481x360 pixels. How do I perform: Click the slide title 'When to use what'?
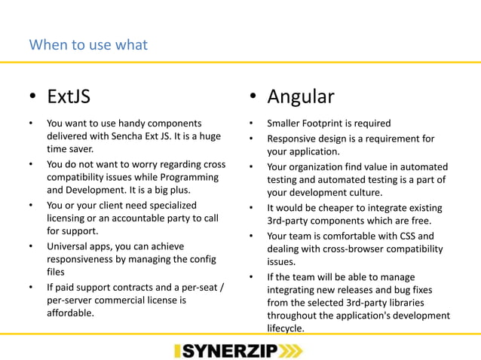pos(87,44)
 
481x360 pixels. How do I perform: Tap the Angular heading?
pos(301,97)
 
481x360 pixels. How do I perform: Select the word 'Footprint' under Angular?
pos(332,124)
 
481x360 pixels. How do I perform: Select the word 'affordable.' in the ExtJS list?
pos(70,314)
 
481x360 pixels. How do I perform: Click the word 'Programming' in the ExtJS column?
pos(189,178)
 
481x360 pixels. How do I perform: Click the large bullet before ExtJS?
pos(32,99)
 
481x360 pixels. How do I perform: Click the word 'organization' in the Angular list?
pos(319,166)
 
